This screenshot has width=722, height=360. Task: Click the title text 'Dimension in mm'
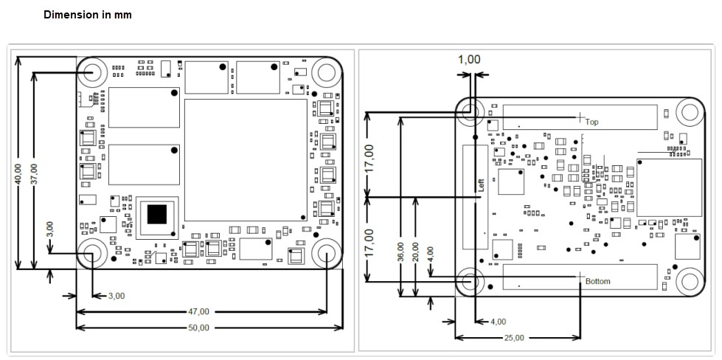click(88, 15)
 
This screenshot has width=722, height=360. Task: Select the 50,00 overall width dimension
click(199, 327)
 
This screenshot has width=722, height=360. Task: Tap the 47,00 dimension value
click(199, 311)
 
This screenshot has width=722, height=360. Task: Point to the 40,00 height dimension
click(19, 177)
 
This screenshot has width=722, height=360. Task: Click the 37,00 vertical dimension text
click(35, 177)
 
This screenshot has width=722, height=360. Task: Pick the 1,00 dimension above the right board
click(469, 60)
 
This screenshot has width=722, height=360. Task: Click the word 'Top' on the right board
click(591, 122)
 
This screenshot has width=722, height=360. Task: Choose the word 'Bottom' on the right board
click(597, 282)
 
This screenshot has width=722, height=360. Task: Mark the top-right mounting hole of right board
click(688, 112)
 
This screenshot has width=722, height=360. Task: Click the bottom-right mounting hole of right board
click(688, 281)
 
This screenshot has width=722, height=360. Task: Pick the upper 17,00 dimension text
click(369, 157)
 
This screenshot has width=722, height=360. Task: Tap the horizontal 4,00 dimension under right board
click(499, 322)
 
